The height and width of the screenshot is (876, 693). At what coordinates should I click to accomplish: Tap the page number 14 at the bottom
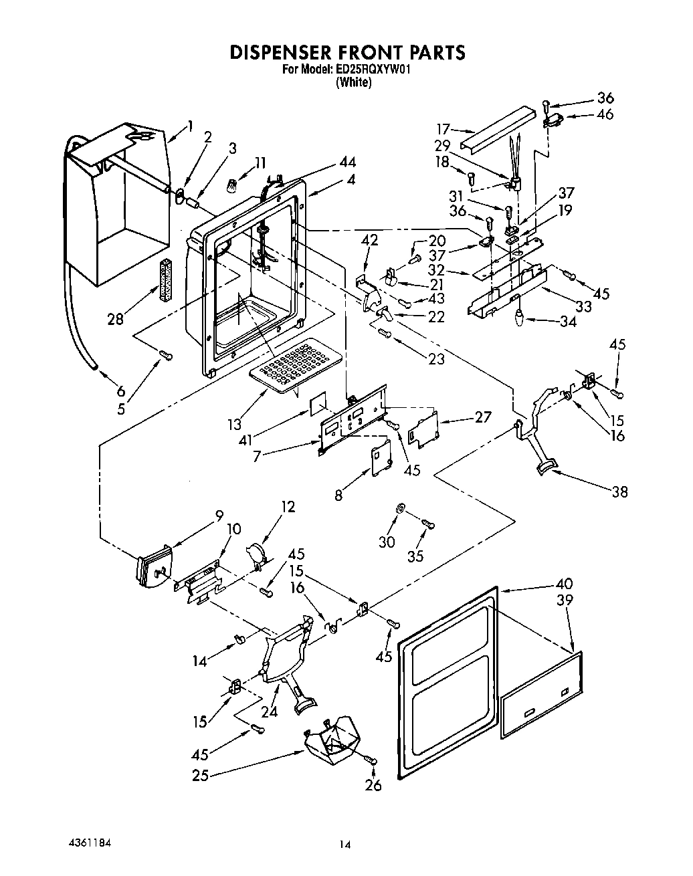[x=344, y=845]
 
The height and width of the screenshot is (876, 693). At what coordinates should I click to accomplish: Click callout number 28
[x=116, y=318]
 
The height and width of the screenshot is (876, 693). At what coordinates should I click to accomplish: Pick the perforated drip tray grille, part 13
[x=289, y=365]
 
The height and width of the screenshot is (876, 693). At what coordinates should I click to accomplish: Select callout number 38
[x=620, y=491]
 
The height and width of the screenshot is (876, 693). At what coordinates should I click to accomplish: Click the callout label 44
[x=347, y=162]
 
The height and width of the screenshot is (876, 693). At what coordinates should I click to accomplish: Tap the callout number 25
[x=200, y=776]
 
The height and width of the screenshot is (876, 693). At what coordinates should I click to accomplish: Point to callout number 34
[x=569, y=322]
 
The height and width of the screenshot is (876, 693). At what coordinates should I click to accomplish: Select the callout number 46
[x=605, y=114]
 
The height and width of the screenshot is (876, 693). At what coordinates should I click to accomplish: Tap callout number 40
[x=564, y=584]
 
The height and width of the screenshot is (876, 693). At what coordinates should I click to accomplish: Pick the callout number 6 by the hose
[x=120, y=391]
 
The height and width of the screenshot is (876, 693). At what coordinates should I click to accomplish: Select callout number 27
[x=482, y=417]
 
